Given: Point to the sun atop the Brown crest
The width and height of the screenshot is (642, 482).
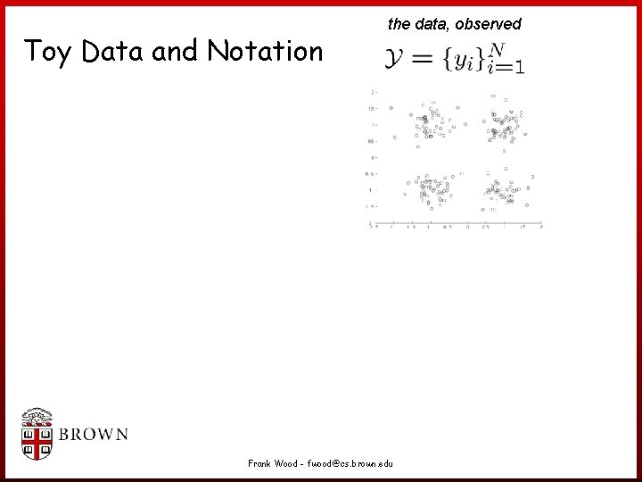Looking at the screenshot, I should pyautogui.click(x=37, y=414).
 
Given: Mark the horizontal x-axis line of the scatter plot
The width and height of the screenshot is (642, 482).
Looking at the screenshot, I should pyautogui.click(x=456, y=220).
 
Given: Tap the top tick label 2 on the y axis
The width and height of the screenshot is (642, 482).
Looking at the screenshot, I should pyautogui.click(x=373, y=92).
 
